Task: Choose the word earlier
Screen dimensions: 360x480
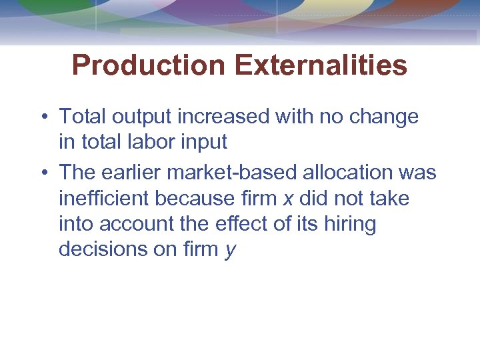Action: [131, 173]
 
